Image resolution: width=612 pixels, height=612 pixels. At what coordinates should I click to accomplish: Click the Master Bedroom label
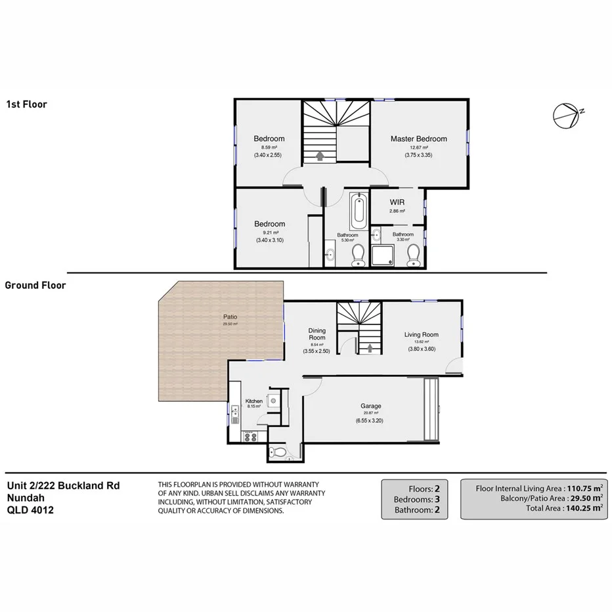tap(418, 139)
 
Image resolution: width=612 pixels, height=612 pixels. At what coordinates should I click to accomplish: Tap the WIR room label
tap(397, 202)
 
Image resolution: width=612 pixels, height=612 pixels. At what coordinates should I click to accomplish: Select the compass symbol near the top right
tap(565, 115)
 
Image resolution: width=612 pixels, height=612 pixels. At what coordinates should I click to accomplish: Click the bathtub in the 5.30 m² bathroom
tap(358, 209)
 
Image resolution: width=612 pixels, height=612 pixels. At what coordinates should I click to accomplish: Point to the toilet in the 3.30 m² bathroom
tap(413, 255)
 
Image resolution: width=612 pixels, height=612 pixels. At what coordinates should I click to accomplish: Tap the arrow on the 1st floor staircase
tap(320, 156)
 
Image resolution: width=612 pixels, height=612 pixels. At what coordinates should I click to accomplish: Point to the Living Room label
tap(421, 334)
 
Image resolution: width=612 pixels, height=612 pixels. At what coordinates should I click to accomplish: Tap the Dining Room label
tap(318, 335)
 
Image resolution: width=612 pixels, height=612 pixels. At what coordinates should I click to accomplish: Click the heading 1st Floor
tap(26, 104)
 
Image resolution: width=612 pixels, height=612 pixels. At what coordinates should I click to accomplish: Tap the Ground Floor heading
tap(35, 285)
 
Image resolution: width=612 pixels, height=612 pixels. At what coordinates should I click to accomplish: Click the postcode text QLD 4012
tap(30, 509)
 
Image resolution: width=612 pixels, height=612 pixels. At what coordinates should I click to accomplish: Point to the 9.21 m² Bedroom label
tap(270, 224)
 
